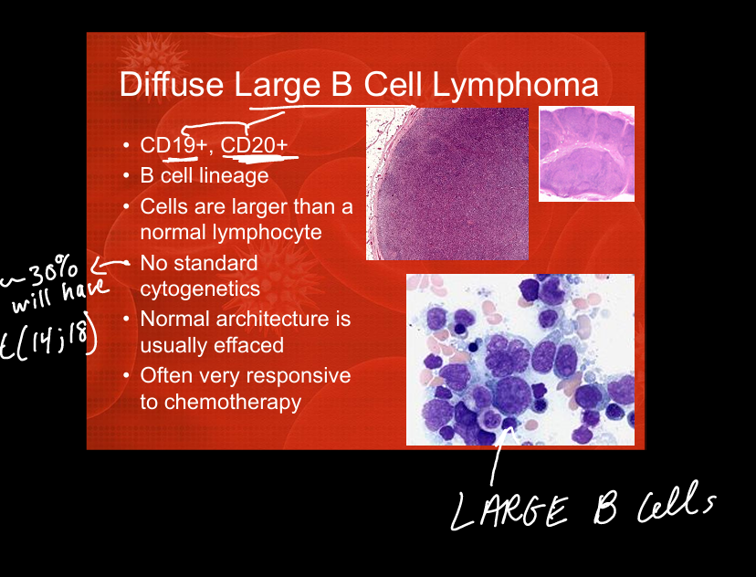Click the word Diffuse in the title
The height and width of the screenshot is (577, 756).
[x=171, y=84]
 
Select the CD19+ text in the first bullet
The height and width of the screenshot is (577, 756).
[x=173, y=145]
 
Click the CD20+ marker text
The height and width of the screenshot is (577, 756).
[x=254, y=145]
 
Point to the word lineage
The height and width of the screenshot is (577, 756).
[x=237, y=176]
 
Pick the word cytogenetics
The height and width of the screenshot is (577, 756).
[x=200, y=289]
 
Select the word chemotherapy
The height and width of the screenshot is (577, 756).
[x=233, y=402]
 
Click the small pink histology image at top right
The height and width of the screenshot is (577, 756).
[x=586, y=153]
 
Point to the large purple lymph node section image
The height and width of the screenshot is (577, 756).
[x=447, y=184]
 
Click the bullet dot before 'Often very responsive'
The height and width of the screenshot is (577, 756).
[x=126, y=375]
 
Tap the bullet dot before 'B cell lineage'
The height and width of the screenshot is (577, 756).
[x=126, y=176]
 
